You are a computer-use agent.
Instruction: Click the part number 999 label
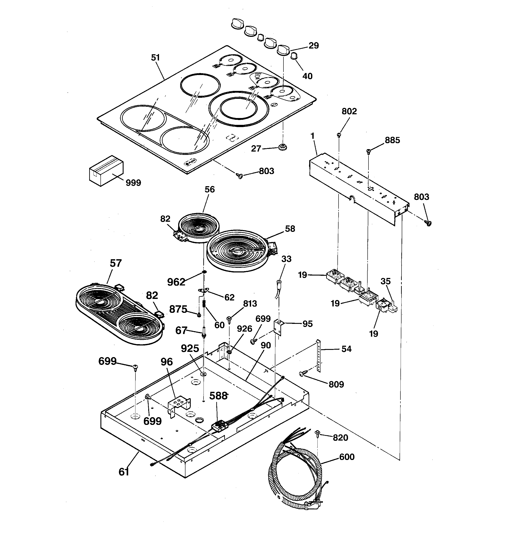(x=133, y=183)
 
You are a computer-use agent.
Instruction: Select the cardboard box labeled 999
(x=106, y=171)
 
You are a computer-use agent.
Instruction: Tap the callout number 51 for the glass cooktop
(x=155, y=58)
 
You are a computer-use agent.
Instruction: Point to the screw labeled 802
(x=339, y=135)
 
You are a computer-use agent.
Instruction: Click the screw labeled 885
(x=369, y=150)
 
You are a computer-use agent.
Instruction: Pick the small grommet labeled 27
(x=282, y=147)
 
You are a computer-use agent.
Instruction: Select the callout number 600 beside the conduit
(x=347, y=457)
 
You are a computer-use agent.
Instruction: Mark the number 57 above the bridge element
(x=115, y=263)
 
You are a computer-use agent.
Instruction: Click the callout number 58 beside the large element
(x=290, y=229)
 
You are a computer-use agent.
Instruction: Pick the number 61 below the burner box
(x=124, y=472)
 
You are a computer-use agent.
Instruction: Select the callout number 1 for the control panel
(x=312, y=136)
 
